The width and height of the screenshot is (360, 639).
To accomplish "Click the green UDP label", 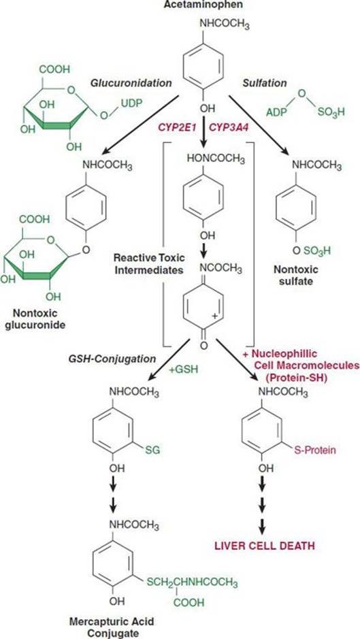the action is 131,104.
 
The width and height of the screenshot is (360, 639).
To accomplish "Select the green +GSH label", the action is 180,370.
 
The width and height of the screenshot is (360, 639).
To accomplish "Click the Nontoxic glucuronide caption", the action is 37,320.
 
